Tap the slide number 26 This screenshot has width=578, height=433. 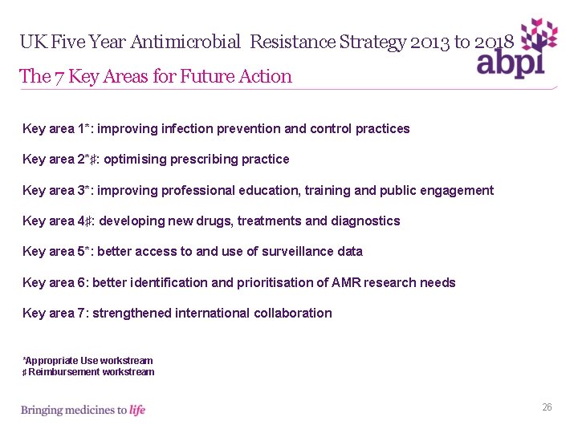click(x=547, y=407)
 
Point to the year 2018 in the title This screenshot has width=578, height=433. click(x=492, y=42)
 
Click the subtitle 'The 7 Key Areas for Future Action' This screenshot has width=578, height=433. click(x=156, y=77)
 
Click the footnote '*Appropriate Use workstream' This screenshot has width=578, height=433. click(x=88, y=361)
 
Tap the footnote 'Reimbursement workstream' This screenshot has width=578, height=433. click(x=91, y=372)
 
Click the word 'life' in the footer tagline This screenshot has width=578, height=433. click(x=137, y=410)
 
